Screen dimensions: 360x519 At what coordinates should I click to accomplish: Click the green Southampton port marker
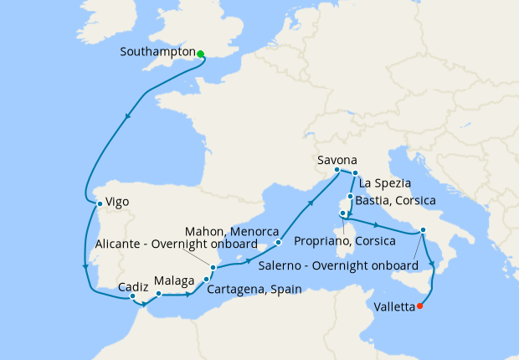pos(201,54)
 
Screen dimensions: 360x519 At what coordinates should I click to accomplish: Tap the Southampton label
pos(158,51)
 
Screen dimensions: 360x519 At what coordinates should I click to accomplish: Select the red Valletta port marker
pos(420,306)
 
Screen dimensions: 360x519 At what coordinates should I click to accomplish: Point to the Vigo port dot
pos(100,203)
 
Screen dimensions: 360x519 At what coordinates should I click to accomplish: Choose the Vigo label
pos(117,202)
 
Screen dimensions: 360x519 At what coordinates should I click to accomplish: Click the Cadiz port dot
pos(133,296)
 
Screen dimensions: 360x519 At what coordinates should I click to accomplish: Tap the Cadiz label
pos(133,285)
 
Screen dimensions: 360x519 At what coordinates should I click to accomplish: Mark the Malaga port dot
pos(158,294)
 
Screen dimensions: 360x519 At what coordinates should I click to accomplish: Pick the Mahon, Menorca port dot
pos(278,243)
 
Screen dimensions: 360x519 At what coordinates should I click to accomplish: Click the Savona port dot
pos(337,171)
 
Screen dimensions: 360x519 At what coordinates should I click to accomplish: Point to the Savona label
pos(337,159)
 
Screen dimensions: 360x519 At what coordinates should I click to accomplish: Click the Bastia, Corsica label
pos(397,201)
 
